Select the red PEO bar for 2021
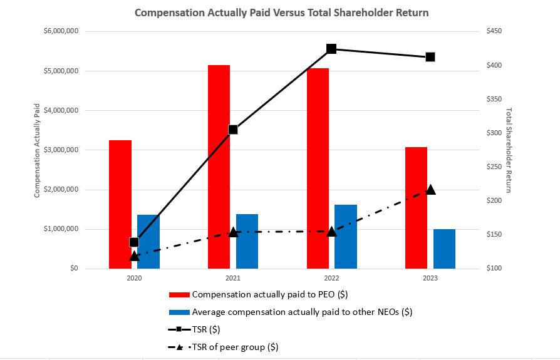219,167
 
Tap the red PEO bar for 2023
416,207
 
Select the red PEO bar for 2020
120,204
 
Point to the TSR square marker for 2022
331,49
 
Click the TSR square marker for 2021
233,130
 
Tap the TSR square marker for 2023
430,57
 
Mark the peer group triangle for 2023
430,190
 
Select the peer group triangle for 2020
134,256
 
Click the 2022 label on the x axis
331,277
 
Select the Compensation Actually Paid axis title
38,150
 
